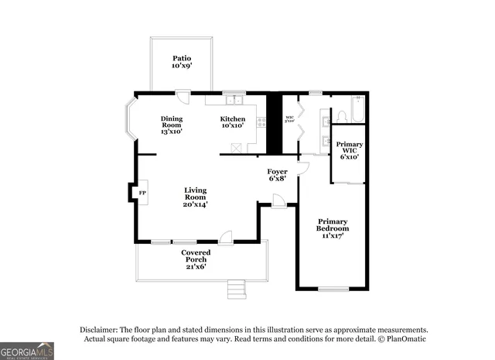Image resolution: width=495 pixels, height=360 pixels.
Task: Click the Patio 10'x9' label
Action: pyautogui.click(x=182, y=62)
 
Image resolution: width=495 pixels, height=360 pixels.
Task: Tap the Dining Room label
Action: pyautogui.click(x=172, y=125)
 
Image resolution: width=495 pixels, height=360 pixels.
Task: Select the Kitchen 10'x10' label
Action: pyautogui.click(x=232, y=122)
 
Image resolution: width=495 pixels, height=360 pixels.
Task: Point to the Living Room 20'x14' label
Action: pyautogui.click(x=195, y=197)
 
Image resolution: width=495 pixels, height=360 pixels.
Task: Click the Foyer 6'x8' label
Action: pyautogui.click(x=277, y=175)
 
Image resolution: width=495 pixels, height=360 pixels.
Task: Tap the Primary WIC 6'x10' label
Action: pyautogui.click(x=349, y=150)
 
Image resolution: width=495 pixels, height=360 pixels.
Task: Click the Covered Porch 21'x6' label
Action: pyautogui.click(x=196, y=259)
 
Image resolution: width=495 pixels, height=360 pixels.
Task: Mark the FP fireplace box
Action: pyautogui.click(x=142, y=192)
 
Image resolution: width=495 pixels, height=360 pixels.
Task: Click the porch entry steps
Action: pyautogui.click(x=237, y=290)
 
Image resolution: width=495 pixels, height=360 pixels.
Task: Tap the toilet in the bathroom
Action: pyautogui.click(x=341, y=117)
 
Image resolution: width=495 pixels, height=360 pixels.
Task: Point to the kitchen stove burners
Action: pyautogui.click(x=261, y=122)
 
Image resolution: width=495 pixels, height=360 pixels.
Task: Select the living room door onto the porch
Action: pyautogui.click(x=225, y=238)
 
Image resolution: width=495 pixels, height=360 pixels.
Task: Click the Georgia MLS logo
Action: pyautogui.click(x=27, y=351)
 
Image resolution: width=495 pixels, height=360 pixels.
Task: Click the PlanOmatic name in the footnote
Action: pyautogui.click(x=403, y=338)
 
